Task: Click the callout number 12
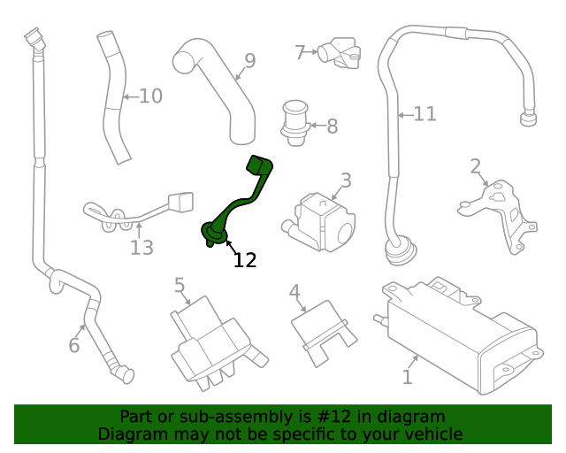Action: (245, 260)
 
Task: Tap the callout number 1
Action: (407, 377)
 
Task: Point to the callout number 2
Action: (475, 166)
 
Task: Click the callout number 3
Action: (346, 180)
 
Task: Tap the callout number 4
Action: (294, 292)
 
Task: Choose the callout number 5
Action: (180, 285)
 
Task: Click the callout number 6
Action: (74, 345)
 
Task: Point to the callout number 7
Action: (300, 53)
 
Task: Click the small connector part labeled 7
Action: (338, 54)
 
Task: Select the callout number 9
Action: (249, 60)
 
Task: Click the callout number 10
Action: (151, 96)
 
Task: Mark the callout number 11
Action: (425, 113)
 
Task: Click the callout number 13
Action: (141, 248)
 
